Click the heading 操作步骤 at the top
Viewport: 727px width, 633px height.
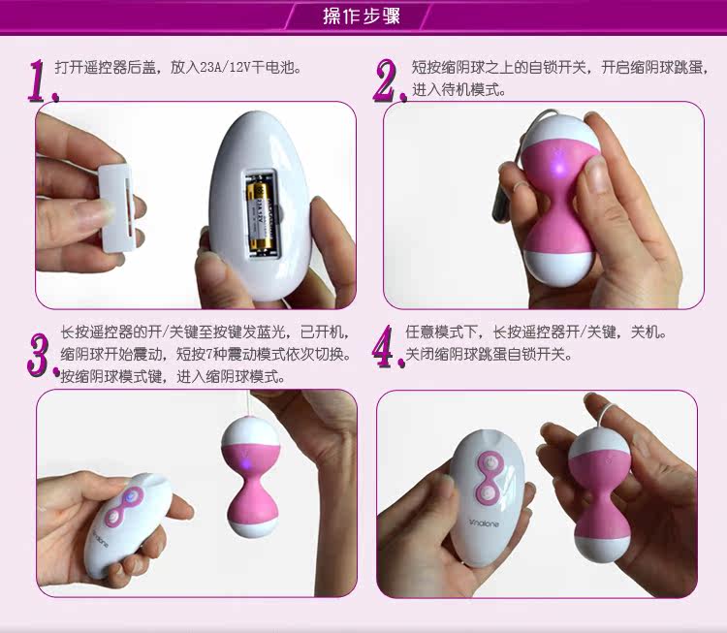click(x=362, y=16)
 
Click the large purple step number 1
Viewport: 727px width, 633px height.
click(x=43, y=80)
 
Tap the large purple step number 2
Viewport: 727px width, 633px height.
click(x=390, y=80)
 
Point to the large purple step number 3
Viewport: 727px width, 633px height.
click(x=43, y=354)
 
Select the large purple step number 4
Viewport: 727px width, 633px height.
click(x=388, y=347)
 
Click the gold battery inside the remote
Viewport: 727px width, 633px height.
click(x=259, y=215)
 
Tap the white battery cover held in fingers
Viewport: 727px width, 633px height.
click(x=116, y=208)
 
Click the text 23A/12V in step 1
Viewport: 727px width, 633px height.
click(x=225, y=68)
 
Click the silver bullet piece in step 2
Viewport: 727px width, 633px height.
click(x=502, y=204)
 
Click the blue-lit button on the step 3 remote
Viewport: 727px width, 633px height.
click(x=131, y=496)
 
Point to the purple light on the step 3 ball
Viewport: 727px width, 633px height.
click(x=247, y=462)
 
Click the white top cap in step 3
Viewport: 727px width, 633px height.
click(x=250, y=431)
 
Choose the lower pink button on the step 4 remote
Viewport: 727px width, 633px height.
click(x=488, y=493)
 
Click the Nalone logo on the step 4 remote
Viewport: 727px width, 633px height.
click(x=485, y=523)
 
